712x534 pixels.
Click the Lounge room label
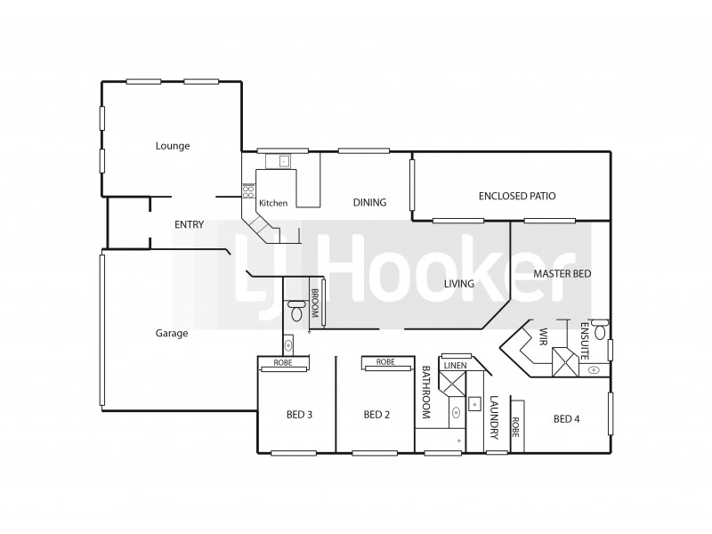173,146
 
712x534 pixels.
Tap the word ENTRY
189,225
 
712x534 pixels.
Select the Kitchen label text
273,203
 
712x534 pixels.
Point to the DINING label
369,203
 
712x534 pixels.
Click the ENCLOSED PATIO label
517,196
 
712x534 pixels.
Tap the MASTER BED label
562,274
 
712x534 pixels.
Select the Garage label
172,334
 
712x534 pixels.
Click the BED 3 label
297,415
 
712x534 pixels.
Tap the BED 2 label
377,415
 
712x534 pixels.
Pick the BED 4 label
567,418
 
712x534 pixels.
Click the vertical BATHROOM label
426,392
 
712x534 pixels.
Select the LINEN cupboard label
454,366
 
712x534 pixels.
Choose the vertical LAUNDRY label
494,419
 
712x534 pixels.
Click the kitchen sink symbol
283,161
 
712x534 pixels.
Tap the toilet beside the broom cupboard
296,311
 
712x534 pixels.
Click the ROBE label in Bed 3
283,362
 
